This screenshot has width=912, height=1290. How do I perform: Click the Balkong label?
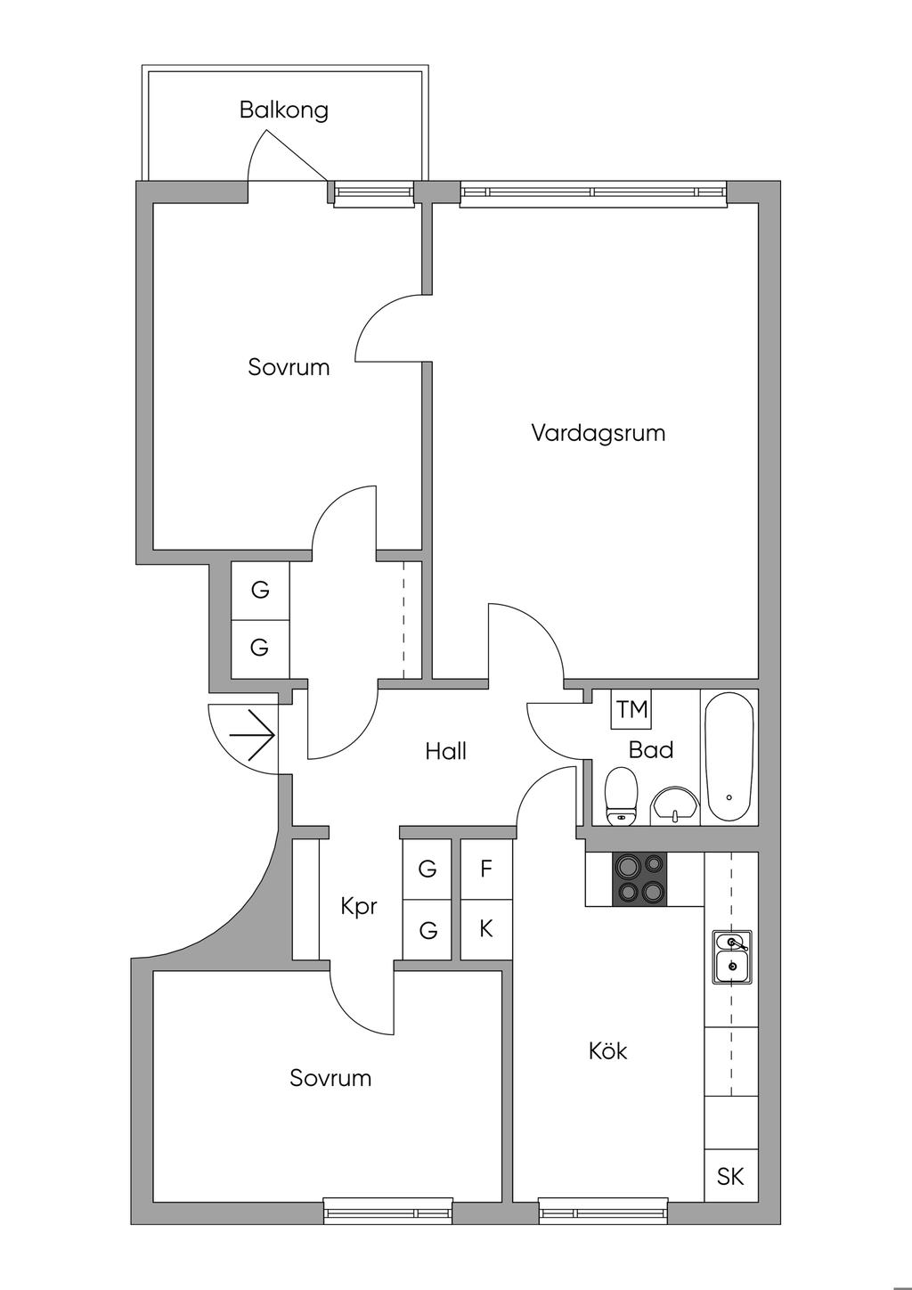(x=283, y=110)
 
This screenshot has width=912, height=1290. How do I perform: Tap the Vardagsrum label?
(x=598, y=434)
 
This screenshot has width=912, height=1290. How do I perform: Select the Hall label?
(x=445, y=751)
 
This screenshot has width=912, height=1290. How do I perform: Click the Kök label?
(x=607, y=1051)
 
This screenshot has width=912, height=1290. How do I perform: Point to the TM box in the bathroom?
(x=632, y=710)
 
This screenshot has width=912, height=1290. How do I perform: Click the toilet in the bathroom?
(x=621, y=796)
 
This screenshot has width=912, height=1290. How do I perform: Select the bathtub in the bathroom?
(x=729, y=757)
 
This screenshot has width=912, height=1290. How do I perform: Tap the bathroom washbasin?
(x=675, y=804)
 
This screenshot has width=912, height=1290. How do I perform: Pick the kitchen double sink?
(x=732, y=956)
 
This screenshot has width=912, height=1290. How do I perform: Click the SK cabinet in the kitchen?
(x=730, y=1177)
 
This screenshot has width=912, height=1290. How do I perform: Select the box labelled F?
(x=486, y=869)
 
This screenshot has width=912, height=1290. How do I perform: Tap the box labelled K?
(x=486, y=929)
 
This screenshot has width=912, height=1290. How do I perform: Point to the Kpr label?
(x=359, y=907)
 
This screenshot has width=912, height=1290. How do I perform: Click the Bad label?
(x=651, y=750)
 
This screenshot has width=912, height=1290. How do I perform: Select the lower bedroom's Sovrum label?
(x=330, y=1078)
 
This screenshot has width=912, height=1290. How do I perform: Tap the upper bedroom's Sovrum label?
(x=289, y=367)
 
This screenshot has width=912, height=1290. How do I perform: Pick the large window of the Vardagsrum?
(x=593, y=193)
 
